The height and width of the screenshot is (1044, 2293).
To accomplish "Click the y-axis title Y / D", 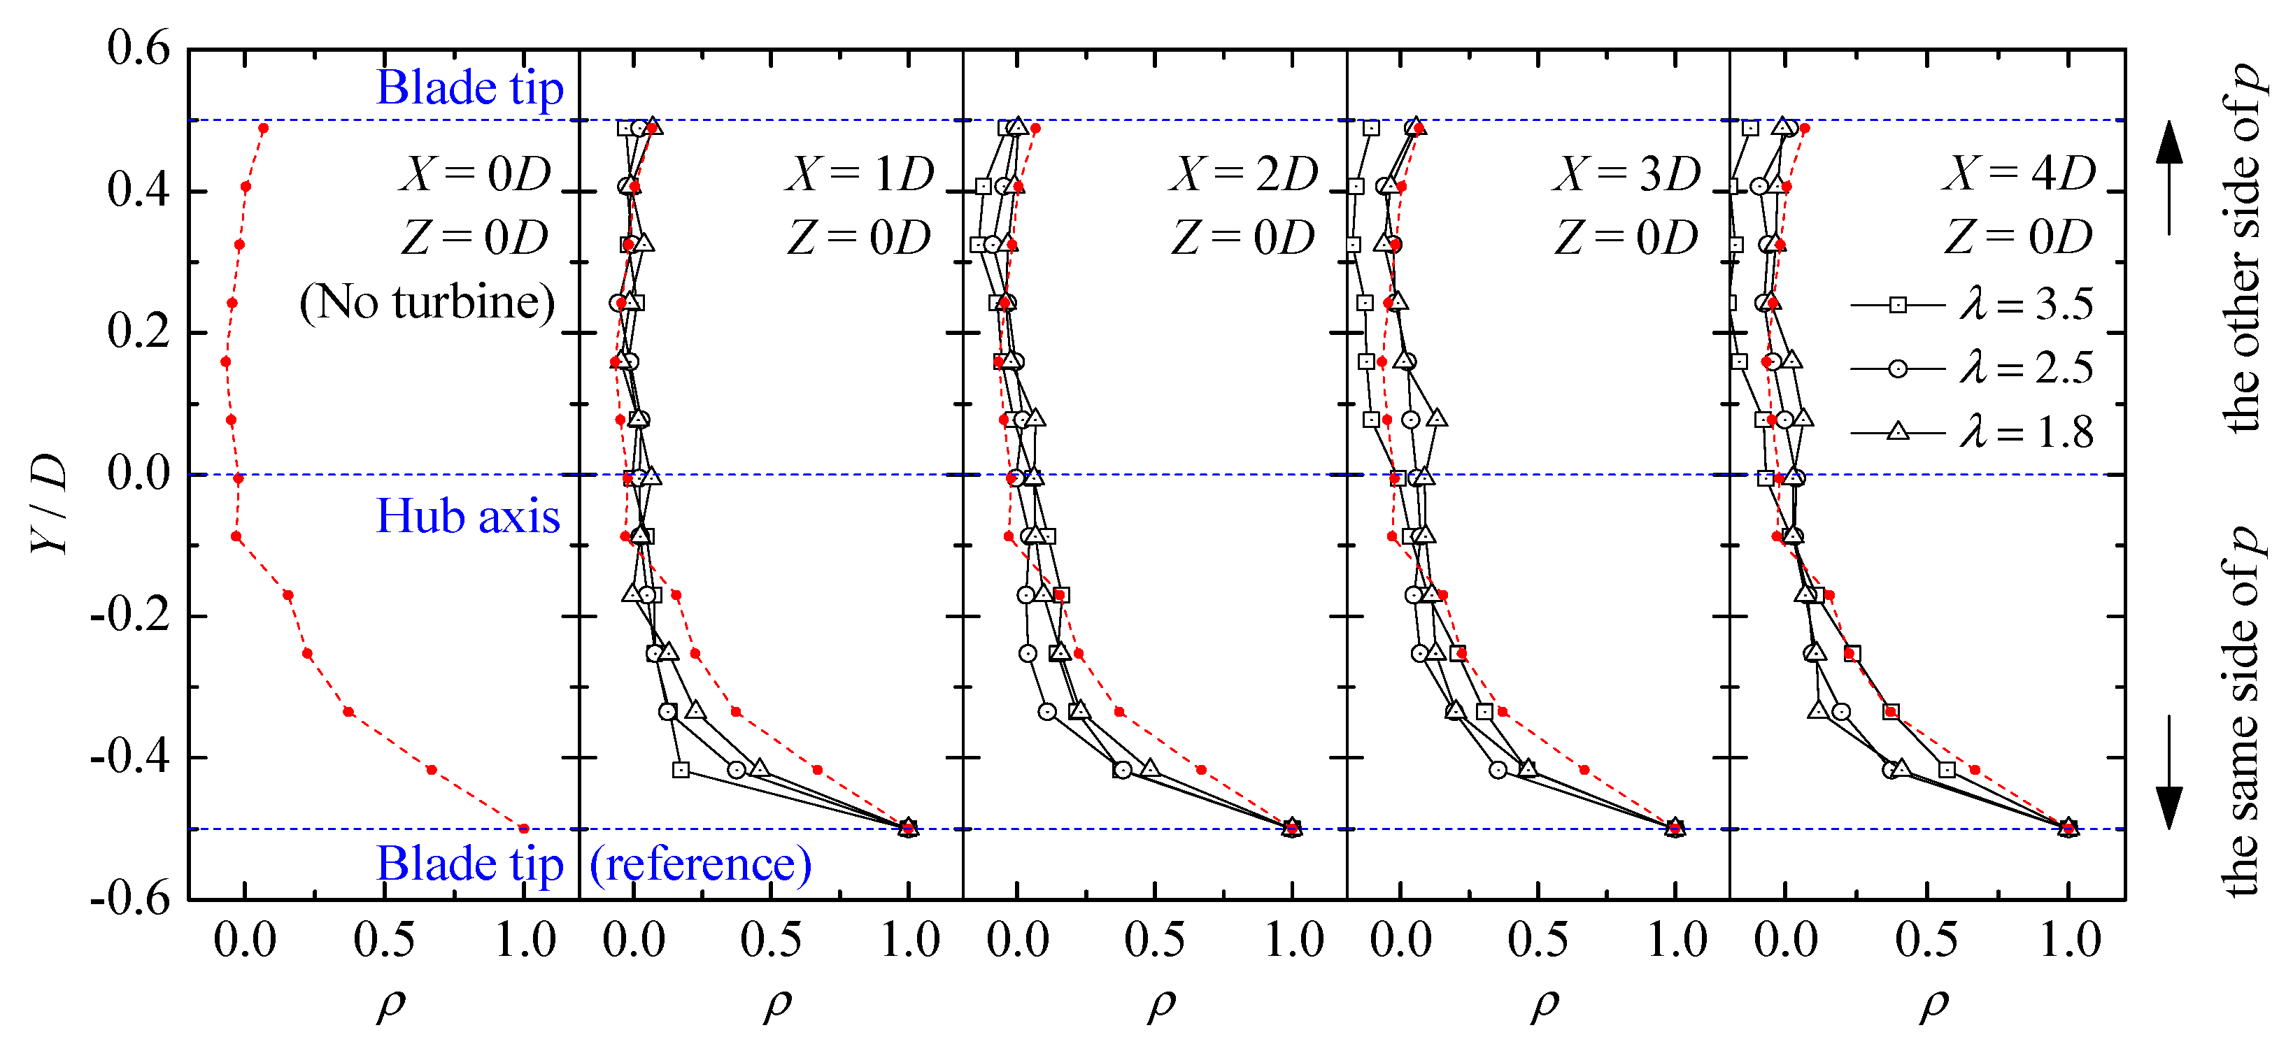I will click(x=49, y=503).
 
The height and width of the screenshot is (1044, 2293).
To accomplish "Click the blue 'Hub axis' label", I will click(x=468, y=516).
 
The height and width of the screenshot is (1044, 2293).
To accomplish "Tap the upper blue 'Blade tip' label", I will click(x=470, y=88).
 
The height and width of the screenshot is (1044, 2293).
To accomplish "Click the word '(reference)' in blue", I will click(x=700, y=864).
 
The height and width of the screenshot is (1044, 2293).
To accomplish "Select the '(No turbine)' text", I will click(x=427, y=303).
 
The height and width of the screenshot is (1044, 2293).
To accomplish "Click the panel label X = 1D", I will click(x=860, y=173).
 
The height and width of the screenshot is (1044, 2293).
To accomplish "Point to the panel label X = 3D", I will click(x=1627, y=173).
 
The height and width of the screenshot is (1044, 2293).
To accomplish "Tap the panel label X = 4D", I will click(x=2019, y=173).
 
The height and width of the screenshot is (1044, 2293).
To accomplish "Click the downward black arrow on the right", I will click(x=2169, y=773).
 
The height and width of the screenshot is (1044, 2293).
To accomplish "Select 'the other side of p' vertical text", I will click(x=2243, y=249).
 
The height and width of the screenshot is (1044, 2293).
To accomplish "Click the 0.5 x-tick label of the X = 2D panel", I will click(x=1154, y=941).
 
